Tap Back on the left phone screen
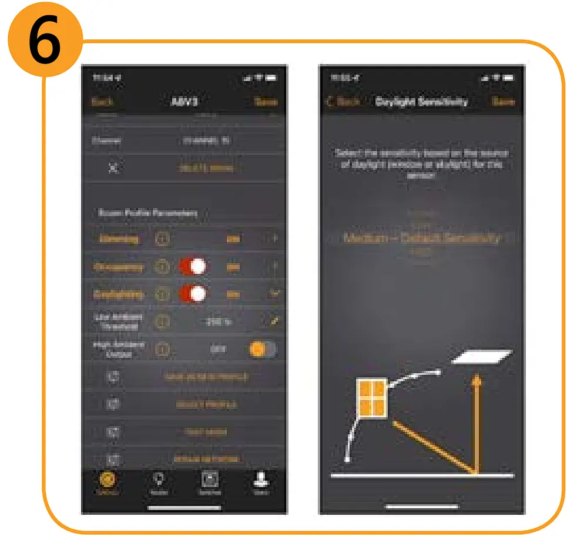coord(102,101)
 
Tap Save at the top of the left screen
coord(266,101)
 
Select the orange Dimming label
coord(119,239)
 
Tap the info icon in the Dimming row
coord(163,239)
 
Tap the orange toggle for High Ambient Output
coord(263,349)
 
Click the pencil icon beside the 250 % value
coord(274,321)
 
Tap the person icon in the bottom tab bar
coord(260,481)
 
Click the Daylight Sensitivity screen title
coord(421,101)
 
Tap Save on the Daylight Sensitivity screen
coord(503,101)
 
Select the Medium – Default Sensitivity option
coord(421,238)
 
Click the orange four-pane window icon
coord(371,398)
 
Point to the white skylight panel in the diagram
coord(482,357)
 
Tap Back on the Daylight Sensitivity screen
coord(344,101)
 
